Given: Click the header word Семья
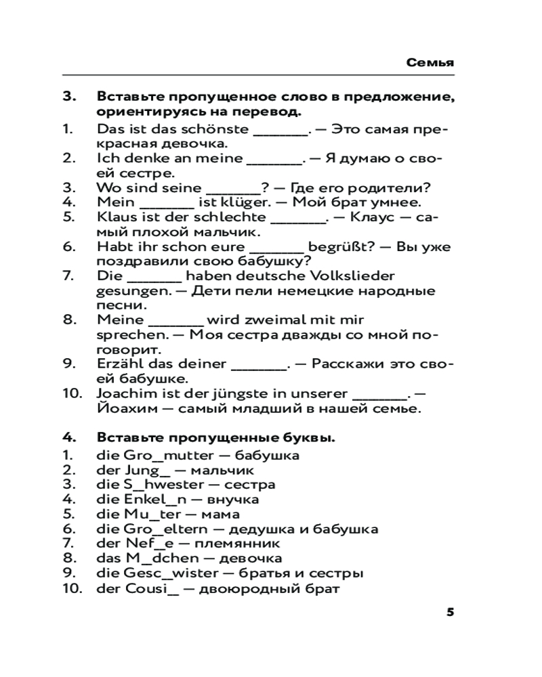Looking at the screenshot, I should pyautogui.click(x=430, y=62).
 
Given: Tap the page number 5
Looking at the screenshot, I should pyautogui.click(x=450, y=612).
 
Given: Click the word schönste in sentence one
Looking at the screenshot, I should pyautogui.click(x=220, y=129).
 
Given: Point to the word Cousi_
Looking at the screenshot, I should pyautogui.click(x=152, y=588).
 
